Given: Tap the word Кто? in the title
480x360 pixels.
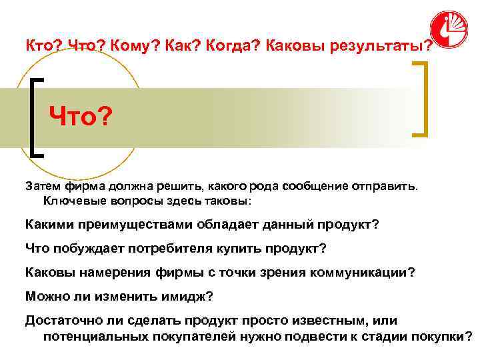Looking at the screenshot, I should click(43, 47).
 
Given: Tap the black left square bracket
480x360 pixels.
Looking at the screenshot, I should click(37, 117).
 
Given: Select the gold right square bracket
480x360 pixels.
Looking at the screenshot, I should click(421, 99).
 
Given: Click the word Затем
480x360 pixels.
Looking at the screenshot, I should click(43, 187).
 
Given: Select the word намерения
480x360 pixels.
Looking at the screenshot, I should click(109, 272).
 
